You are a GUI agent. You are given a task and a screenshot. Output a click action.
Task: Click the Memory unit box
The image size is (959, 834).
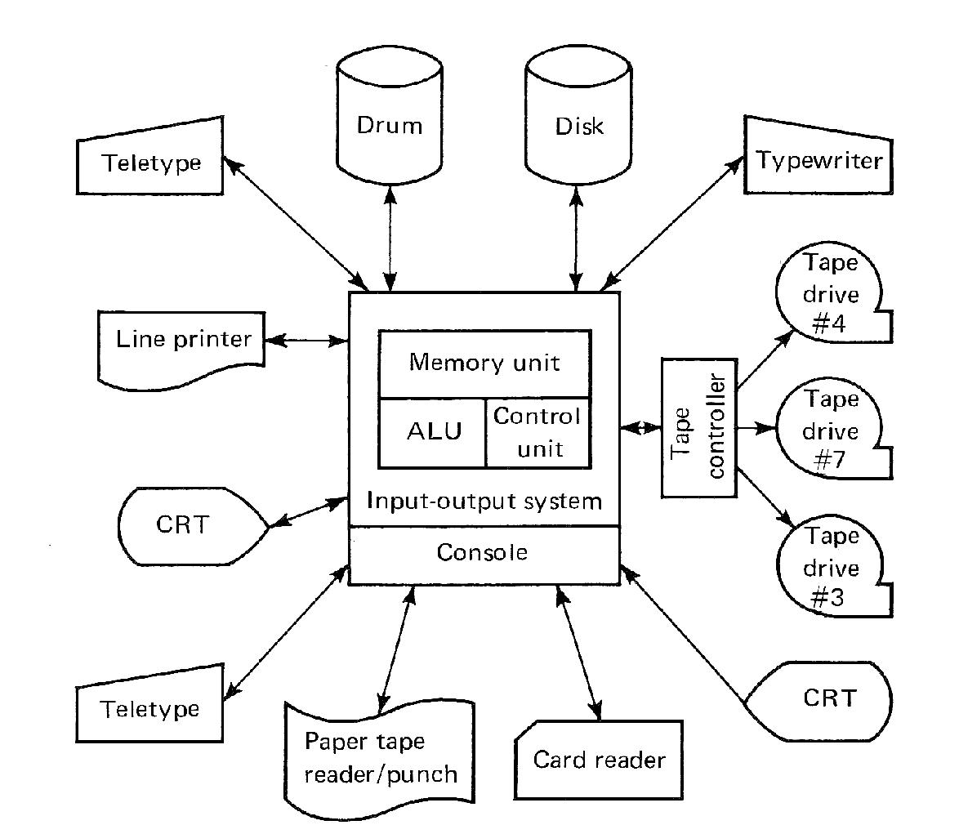click(x=484, y=363)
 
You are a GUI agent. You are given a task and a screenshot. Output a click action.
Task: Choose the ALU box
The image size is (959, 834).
click(x=433, y=432)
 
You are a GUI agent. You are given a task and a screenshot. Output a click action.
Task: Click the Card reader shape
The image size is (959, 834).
click(x=599, y=761)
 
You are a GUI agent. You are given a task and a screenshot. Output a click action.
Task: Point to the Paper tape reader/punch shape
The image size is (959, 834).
click(x=380, y=758)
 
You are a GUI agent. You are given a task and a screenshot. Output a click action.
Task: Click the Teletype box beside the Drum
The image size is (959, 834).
click(x=151, y=163)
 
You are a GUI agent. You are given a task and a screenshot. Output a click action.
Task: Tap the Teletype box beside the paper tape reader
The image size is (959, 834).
click(x=151, y=709)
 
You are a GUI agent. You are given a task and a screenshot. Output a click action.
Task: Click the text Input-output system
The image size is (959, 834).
click(x=484, y=500)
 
